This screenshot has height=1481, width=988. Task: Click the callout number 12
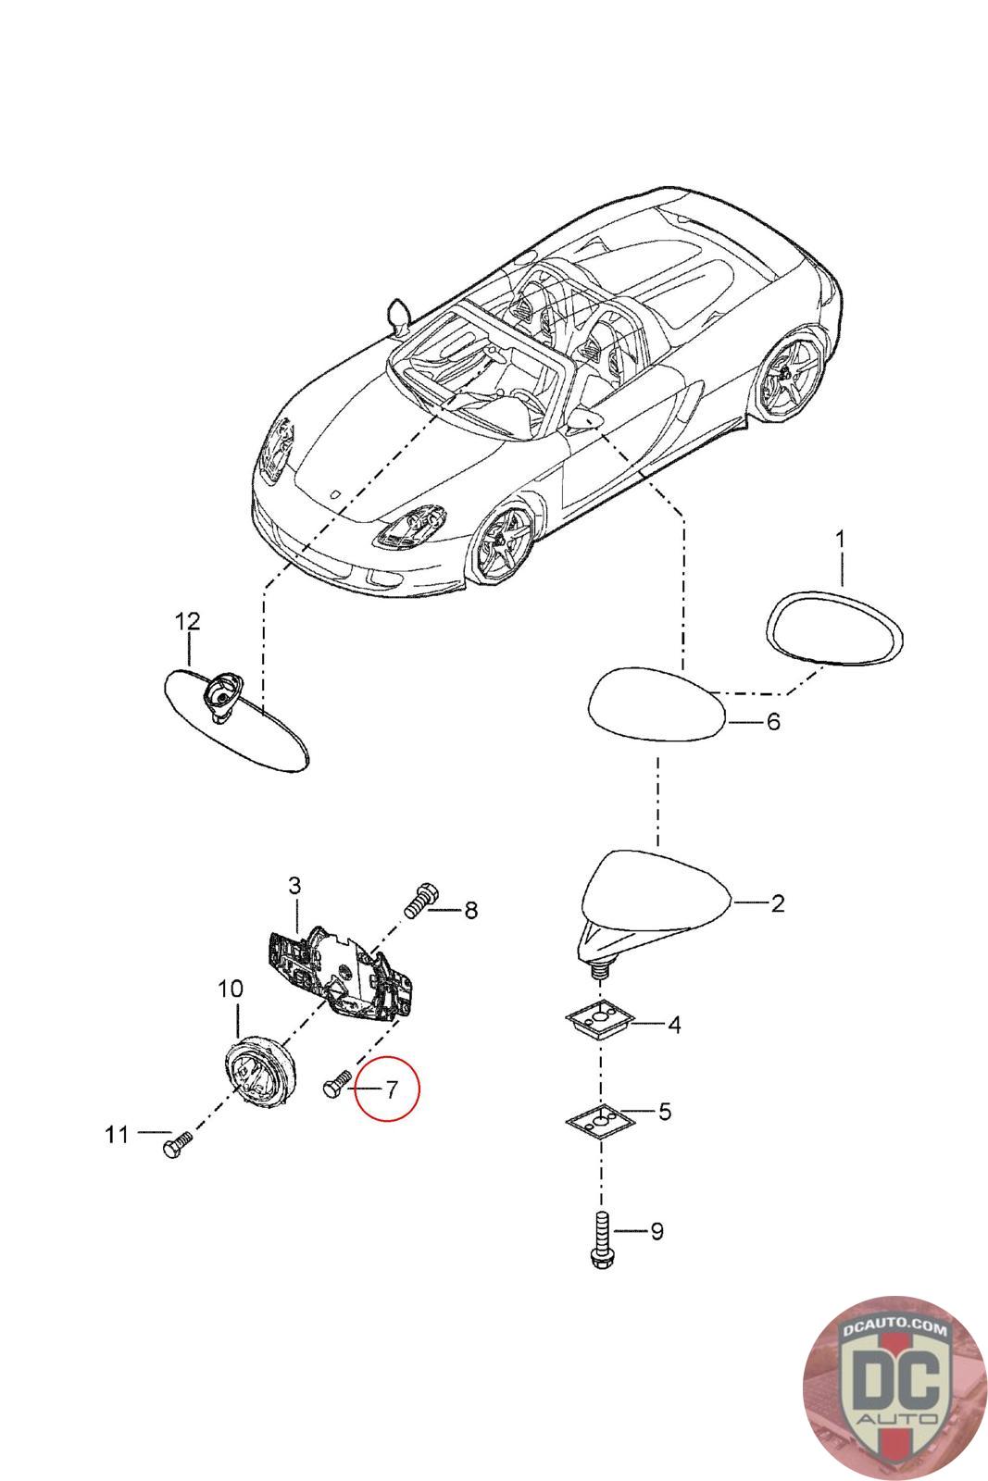(187, 620)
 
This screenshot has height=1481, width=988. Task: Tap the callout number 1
(840, 538)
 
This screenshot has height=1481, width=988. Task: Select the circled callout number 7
(391, 1089)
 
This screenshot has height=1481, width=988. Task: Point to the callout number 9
(657, 1231)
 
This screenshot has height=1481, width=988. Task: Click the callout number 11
(116, 1134)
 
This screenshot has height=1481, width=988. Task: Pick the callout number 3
(294, 886)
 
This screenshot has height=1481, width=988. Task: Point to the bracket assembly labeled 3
(338, 975)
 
